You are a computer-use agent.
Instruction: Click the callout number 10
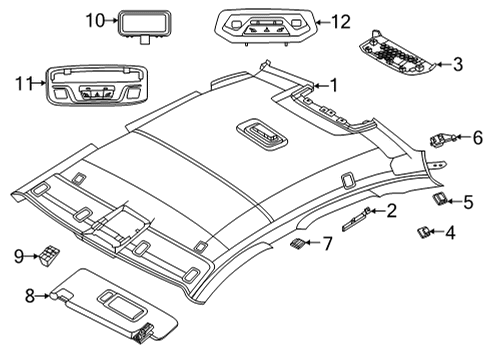[95, 20]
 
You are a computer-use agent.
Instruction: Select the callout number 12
[340, 22]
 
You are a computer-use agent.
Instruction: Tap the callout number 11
[24, 83]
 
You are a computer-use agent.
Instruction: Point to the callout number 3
[458, 64]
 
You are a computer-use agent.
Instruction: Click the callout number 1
[334, 86]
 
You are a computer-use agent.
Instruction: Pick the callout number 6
[478, 137]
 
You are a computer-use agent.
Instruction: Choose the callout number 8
[30, 295]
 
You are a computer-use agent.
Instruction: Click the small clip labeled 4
[424, 231]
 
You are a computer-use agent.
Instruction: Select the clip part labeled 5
[440, 199]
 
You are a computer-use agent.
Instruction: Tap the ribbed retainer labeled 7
[297, 243]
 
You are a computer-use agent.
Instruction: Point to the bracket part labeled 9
[50, 255]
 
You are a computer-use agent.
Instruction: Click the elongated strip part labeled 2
[356, 219]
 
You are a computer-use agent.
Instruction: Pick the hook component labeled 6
[442, 139]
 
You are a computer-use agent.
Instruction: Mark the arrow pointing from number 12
[322, 23]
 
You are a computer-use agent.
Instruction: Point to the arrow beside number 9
[33, 256]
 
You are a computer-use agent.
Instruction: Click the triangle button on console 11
[98, 95]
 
